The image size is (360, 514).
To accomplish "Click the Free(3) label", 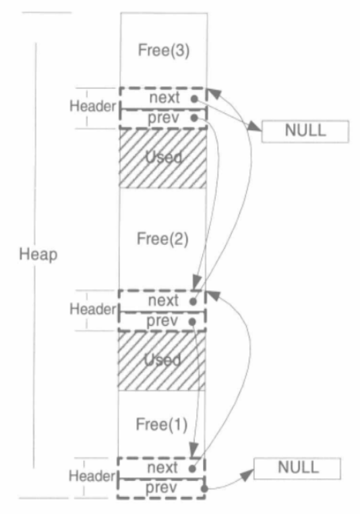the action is (x=164, y=51).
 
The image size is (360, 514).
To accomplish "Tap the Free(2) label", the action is (x=162, y=239).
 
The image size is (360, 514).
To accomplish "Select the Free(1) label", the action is (x=162, y=424).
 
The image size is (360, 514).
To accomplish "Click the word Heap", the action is (x=38, y=254).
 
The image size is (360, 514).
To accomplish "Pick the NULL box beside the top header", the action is (x=305, y=132).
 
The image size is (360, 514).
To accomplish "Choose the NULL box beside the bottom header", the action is (x=297, y=468).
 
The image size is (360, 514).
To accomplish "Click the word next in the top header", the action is (x=164, y=98).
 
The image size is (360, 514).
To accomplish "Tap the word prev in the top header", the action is (x=163, y=118).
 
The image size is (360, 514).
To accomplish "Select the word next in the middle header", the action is (x=163, y=301).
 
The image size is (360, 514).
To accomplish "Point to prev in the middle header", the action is (x=162, y=321).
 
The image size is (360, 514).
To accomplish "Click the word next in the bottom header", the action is (x=162, y=467).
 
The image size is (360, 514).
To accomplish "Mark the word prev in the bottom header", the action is (x=161, y=488).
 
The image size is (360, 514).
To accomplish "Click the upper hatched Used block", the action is (x=162, y=159).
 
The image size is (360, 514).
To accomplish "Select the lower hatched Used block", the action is (x=162, y=361).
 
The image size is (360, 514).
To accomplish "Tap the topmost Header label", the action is (x=93, y=106).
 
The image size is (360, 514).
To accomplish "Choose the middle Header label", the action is (x=93, y=309).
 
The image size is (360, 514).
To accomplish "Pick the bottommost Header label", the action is (x=92, y=476).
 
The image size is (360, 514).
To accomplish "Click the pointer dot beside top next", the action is (x=195, y=98).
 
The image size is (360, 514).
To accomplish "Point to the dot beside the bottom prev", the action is (x=204, y=489).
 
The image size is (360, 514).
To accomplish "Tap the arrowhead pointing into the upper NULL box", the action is (x=255, y=126).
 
